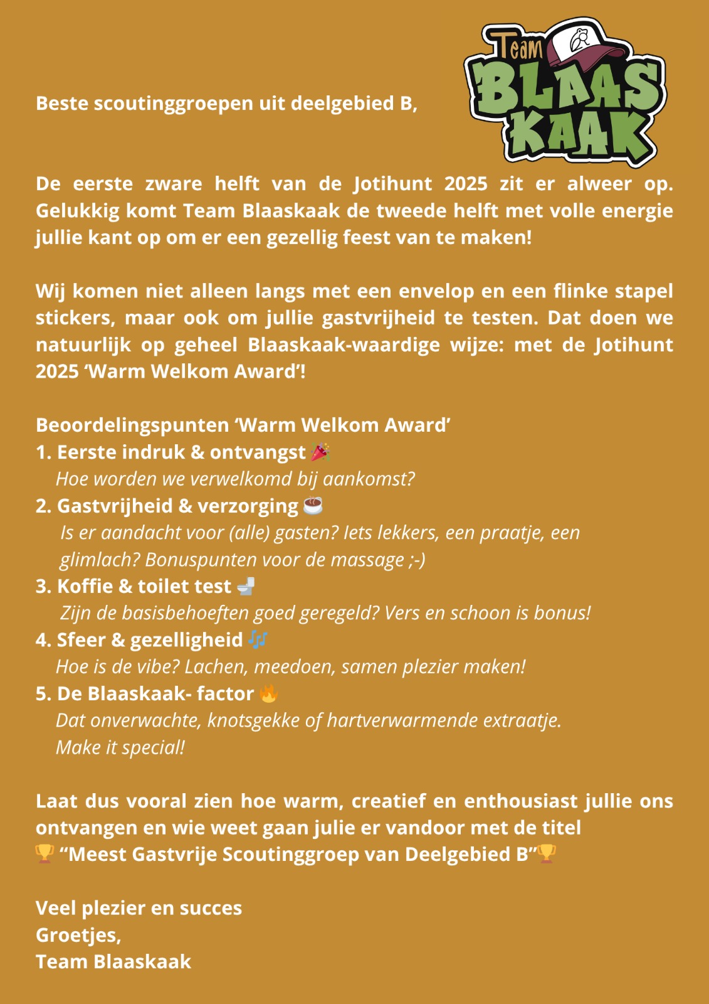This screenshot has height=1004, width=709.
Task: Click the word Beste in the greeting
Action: tap(63, 104)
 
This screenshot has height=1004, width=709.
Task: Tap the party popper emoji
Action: tap(320, 452)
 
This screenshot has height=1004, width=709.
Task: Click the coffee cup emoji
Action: tap(313, 505)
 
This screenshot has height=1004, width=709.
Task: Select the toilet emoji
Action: tap(246, 586)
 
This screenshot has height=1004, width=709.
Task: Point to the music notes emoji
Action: tap(258, 639)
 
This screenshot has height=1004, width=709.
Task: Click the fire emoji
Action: tap(268, 693)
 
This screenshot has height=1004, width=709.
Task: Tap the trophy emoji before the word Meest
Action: tap(45, 854)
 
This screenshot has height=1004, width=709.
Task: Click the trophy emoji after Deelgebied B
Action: tap(547, 854)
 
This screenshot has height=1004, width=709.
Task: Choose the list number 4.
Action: tap(43, 640)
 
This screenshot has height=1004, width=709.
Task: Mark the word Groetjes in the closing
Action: tap(78, 935)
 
